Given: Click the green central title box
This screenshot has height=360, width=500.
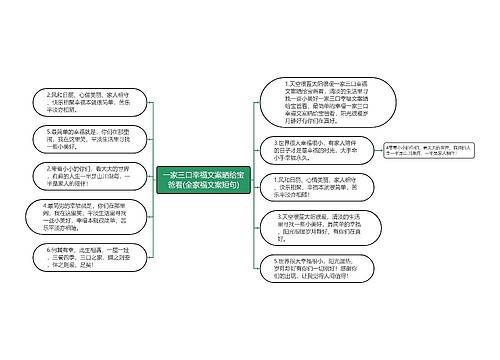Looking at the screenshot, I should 212,179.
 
